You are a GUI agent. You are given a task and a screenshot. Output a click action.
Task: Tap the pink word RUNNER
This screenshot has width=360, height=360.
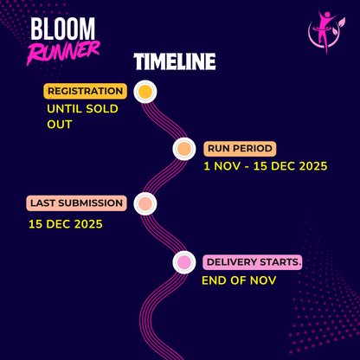tap(63, 53)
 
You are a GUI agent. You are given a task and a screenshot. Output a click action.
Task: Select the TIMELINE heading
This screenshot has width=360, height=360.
tap(175, 62)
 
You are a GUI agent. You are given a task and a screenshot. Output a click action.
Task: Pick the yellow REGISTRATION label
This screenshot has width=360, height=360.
tap(86, 91)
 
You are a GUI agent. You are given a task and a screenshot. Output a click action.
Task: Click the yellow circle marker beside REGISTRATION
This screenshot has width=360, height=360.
tap(145, 91)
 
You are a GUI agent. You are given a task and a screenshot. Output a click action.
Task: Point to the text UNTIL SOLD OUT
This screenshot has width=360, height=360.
tap(82, 116)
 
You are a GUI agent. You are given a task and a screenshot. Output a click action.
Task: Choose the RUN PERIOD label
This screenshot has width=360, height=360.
tap(239, 148)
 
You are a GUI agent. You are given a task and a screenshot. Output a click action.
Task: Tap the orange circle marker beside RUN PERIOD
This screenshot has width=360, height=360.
tap(183, 149)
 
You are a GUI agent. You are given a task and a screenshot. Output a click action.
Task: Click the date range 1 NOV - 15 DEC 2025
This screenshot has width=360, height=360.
tap(265, 166)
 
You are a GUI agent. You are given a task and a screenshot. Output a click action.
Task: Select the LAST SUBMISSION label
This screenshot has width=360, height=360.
tap(77, 203)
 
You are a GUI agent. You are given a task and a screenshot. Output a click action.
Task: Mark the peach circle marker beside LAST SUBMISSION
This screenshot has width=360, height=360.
tap(145, 204)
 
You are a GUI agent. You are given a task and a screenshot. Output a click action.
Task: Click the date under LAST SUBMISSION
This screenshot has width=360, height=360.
tap(65, 224)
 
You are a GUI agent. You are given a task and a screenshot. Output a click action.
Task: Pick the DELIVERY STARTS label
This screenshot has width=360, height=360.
tap(252, 261)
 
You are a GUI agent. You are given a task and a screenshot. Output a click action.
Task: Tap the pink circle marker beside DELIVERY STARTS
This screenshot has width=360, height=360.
tap(183, 261)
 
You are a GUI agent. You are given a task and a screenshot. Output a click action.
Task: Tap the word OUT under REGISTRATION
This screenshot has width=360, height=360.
tap(60, 125)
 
